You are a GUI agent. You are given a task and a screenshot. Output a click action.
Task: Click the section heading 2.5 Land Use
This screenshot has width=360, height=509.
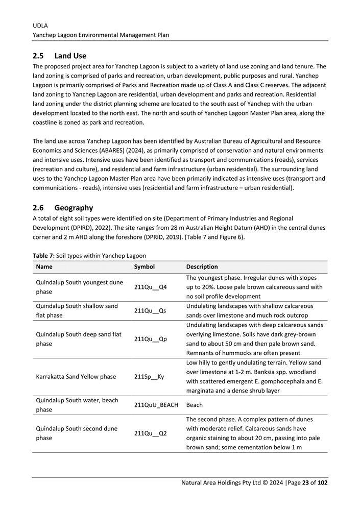[59, 56]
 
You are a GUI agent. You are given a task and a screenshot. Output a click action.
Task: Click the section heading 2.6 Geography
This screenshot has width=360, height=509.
[63, 208]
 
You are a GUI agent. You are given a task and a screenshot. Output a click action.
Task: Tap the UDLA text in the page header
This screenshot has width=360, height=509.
[40, 25]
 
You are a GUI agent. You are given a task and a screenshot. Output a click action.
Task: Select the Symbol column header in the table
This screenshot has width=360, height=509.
[144, 266]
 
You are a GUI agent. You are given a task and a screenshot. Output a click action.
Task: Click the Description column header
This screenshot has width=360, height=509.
[202, 266]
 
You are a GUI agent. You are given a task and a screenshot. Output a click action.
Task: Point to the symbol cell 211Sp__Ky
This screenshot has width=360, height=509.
[150, 377]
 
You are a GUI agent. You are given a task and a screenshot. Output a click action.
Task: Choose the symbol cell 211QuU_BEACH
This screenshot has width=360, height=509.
[156, 405]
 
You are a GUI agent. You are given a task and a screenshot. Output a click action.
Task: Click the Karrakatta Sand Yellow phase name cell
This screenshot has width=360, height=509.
[76, 377]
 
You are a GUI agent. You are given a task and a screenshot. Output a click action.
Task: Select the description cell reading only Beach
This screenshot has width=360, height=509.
[195, 405]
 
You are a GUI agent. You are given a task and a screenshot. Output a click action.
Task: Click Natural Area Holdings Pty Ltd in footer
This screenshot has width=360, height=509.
[221, 483]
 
